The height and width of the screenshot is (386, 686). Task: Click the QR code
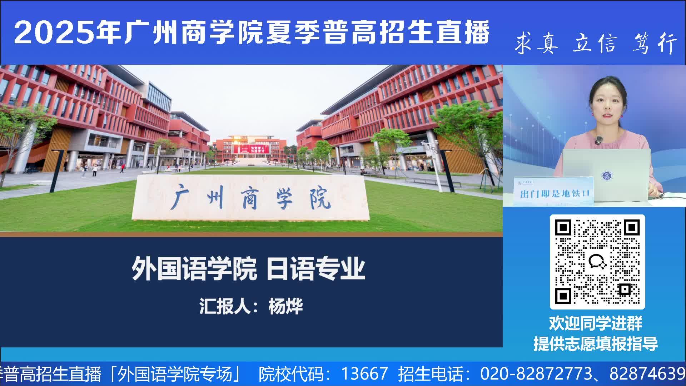pos(597,262)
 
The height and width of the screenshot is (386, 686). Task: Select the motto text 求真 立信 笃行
pos(596,44)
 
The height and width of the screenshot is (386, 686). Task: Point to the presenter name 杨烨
pos(285,306)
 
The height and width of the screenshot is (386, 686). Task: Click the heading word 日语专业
pos(316,269)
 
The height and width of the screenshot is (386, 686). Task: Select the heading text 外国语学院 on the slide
pos(194,269)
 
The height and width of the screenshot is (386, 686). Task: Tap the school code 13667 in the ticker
pos(364,374)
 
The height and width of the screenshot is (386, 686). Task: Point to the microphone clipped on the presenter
pos(599,140)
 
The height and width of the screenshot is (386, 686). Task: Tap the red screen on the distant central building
pos(250,149)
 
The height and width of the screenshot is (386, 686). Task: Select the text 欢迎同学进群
pos(596,323)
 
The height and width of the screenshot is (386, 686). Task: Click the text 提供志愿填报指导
pos(596,343)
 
